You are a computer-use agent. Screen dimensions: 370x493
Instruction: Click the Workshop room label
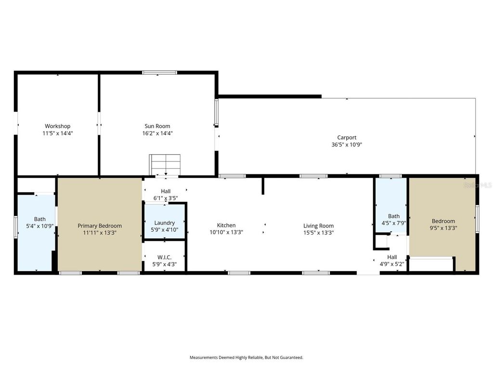click(58, 126)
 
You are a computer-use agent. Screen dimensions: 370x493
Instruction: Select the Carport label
click(347, 137)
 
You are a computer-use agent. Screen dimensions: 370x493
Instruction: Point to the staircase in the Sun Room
click(165, 165)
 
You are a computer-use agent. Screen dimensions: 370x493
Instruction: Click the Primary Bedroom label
click(100, 225)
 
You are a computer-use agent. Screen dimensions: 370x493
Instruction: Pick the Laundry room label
click(164, 223)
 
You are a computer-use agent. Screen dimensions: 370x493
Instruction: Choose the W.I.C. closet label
click(164, 257)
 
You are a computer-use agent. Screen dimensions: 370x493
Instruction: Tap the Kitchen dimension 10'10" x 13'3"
click(226, 232)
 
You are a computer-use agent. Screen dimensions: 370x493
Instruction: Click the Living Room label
click(318, 225)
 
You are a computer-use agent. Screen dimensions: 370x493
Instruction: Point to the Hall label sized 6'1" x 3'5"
click(166, 191)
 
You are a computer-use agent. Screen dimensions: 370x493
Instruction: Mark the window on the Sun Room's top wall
click(159, 73)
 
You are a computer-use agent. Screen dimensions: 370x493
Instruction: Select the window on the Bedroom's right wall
click(477, 218)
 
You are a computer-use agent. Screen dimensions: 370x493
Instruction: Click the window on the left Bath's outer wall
click(16, 224)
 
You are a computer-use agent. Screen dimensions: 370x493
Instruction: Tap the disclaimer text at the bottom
click(246, 357)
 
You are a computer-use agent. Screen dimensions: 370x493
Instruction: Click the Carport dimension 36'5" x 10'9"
click(347, 145)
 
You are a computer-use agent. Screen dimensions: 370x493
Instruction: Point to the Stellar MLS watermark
click(477, 185)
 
